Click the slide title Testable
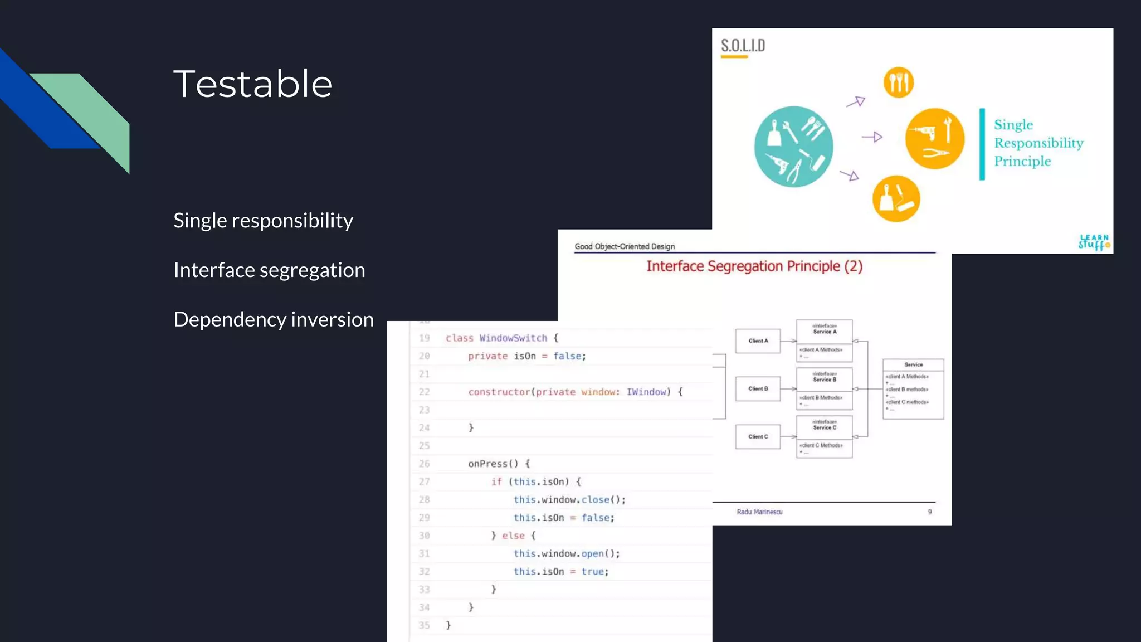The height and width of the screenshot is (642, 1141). click(253, 84)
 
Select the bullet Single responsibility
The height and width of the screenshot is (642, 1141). click(263, 221)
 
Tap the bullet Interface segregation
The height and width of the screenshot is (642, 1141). click(269, 270)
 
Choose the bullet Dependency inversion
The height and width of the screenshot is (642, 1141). click(274, 320)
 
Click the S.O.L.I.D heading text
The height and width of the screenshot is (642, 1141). click(743, 46)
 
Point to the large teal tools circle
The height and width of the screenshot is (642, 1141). click(793, 147)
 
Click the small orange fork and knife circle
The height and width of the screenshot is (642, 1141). click(898, 82)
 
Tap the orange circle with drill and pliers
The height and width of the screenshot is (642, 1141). click(934, 139)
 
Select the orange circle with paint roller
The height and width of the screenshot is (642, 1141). click(896, 199)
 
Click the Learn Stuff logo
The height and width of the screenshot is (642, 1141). click(1094, 242)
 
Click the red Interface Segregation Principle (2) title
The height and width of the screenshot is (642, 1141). click(754, 266)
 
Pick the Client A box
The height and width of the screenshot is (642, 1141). click(758, 341)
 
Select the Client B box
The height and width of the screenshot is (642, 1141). click(758, 389)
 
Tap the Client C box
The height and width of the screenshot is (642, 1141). click(758, 437)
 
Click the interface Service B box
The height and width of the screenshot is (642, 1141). click(824, 377)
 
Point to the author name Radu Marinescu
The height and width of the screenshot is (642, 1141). click(759, 512)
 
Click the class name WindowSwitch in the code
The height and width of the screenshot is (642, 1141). click(513, 338)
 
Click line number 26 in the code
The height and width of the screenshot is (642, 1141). click(424, 464)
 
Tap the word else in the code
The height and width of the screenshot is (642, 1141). click(513, 536)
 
